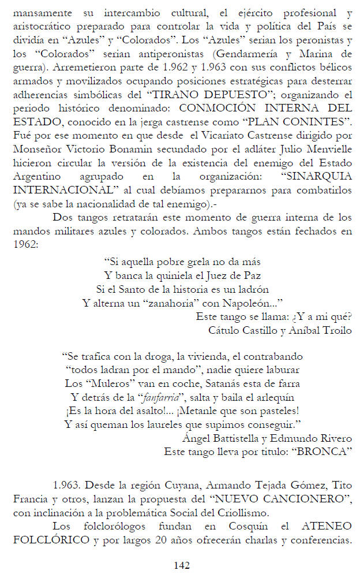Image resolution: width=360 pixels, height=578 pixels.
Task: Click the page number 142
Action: [x=182, y=565]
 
